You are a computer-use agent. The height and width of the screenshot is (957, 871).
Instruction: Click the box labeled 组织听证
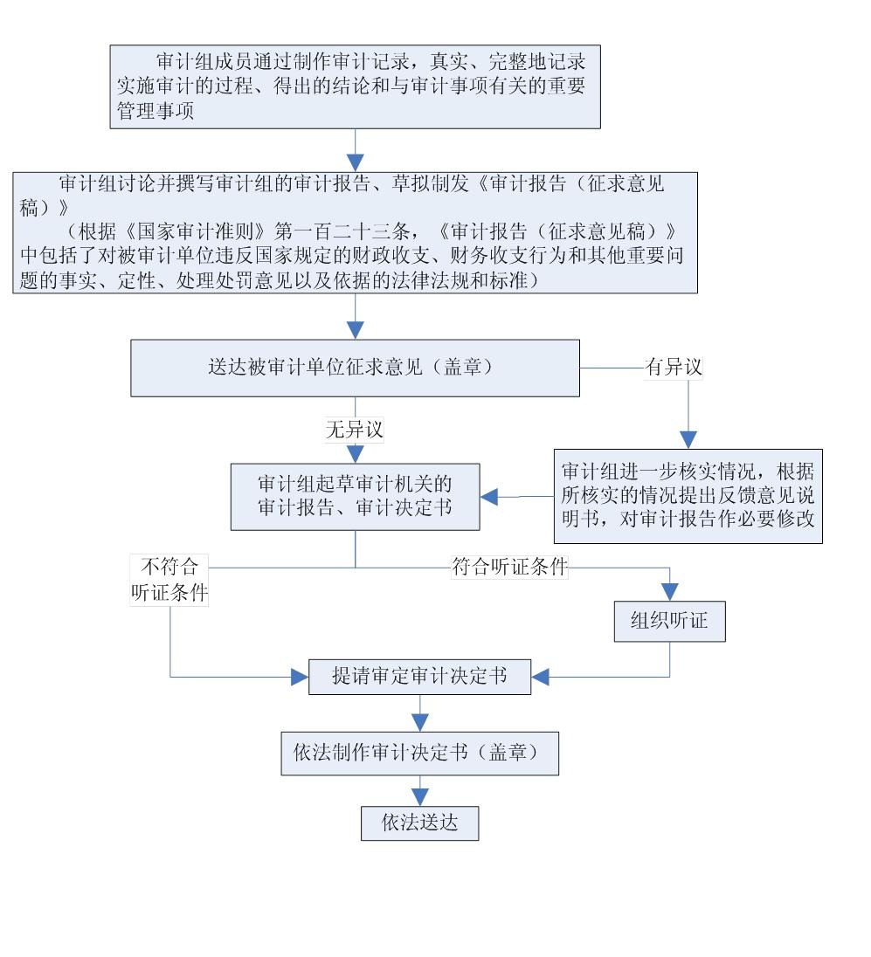[x=670, y=622]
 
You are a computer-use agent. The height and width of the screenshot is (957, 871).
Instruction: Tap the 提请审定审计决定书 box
[x=420, y=676]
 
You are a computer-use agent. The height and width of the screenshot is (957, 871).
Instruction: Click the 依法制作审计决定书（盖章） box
[x=420, y=754]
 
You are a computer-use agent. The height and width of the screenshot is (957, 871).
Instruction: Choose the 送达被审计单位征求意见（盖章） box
[x=355, y=368]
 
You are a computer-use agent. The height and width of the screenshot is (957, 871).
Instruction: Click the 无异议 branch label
[x=356, y=429]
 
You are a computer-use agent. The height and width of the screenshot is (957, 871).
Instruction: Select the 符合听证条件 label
[x=509, y=568]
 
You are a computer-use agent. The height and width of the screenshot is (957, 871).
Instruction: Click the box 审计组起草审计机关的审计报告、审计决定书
[x=355, y=496]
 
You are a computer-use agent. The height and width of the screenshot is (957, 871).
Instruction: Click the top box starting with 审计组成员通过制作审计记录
[x=355, y=85]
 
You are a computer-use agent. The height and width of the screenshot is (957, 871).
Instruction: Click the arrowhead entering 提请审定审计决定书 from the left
[x=300, y=676]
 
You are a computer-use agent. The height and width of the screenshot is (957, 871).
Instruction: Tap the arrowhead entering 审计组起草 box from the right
[x=490, y=496]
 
